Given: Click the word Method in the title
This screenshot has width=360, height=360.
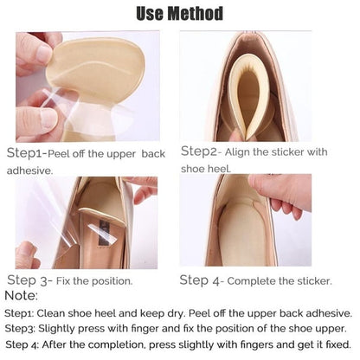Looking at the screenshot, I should (191, 13).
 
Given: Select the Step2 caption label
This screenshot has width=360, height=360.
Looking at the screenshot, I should (202, 151).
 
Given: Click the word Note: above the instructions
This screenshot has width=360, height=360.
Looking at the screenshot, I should (21, 296).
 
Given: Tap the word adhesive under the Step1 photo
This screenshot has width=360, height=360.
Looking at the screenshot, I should (28, 170).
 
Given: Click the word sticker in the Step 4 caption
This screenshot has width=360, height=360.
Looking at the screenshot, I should (310, 280).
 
